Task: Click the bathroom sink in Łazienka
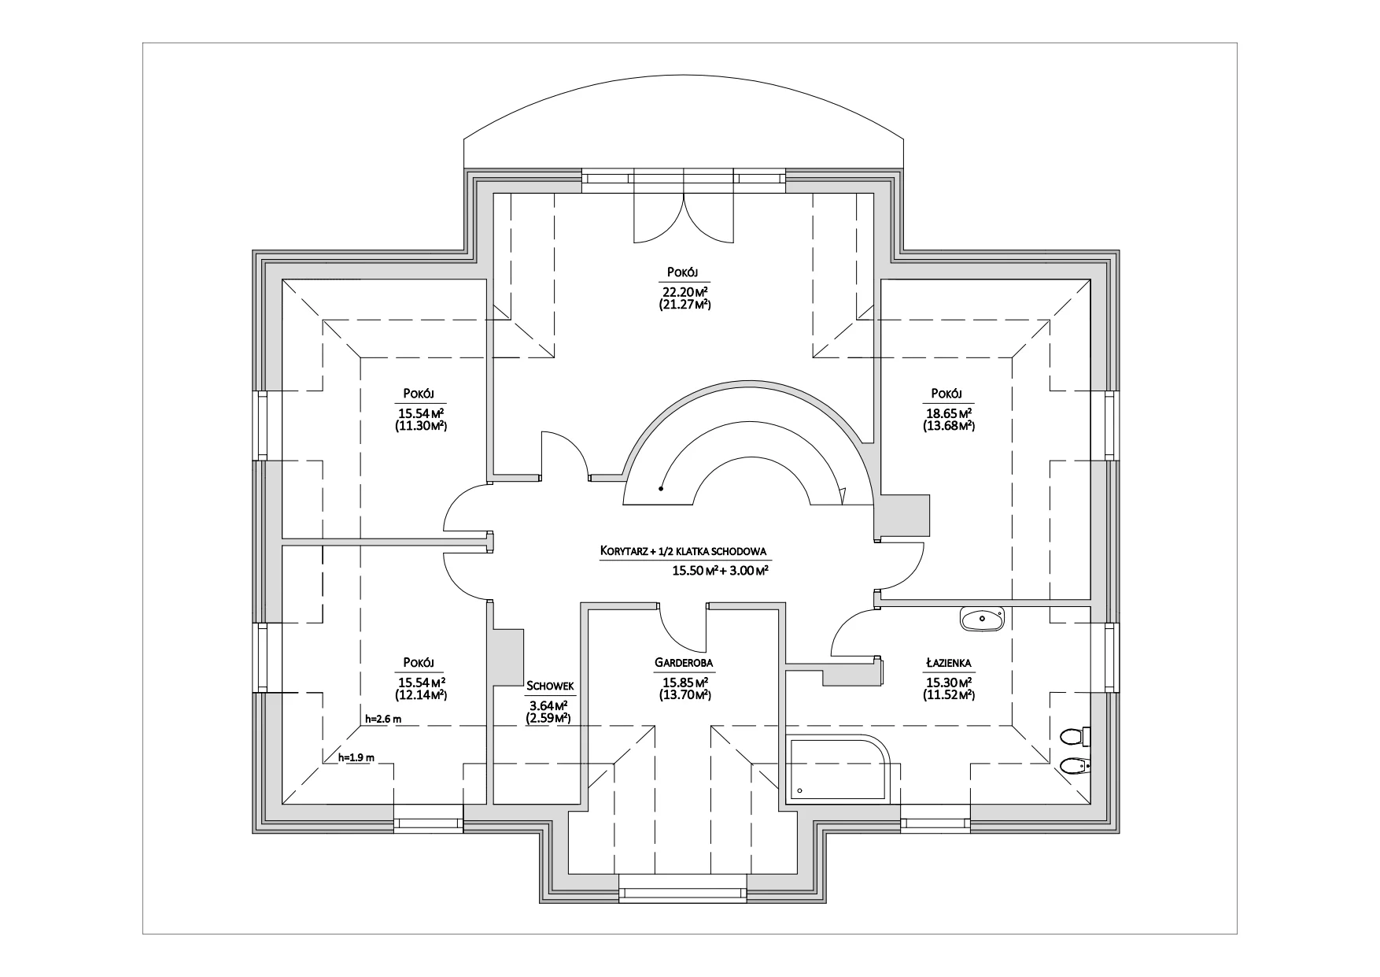click(x=982, y=619)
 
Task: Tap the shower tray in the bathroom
click(x=839, y=769)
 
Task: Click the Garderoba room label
click(x=684, y=664)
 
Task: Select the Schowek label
click(x=550, y=686)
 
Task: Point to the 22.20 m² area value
click(x=684, y=291)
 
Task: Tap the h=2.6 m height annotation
click(x=384, y=719)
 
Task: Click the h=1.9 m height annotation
click(x=356, y=757)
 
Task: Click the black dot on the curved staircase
click(x=661, y=488)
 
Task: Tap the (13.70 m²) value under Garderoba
click(x=684, y=695)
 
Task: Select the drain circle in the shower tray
click(x=799, y=790)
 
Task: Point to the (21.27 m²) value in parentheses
click(x=684, y=304)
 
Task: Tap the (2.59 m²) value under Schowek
click(x=551, y=718)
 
